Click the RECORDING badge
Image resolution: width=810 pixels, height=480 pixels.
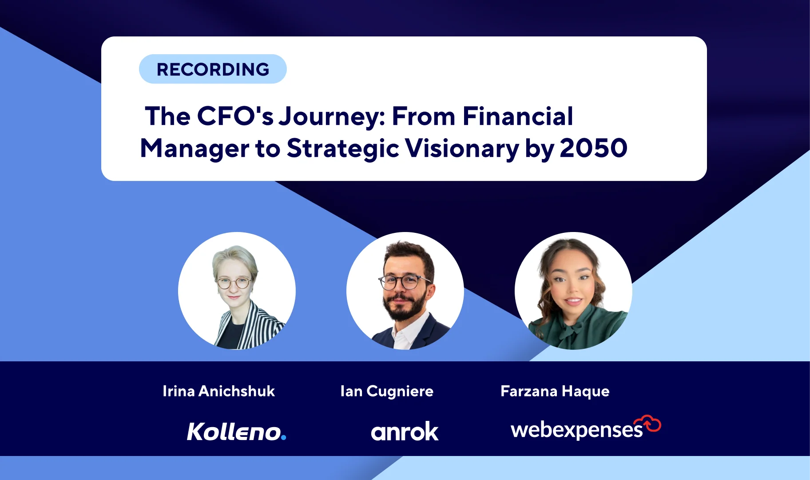[x=213, y=69]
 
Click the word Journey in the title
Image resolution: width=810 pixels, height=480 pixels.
[x=332, y=117]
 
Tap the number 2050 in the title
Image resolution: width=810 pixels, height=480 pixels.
[x=593, y=148]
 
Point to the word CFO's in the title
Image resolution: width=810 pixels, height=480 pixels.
[x=235, y=116]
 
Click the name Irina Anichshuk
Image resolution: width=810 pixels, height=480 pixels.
[x=218, y=391]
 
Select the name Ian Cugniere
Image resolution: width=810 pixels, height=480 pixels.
[x=387, y=392]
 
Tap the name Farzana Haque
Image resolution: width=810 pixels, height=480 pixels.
[x=555, y=392]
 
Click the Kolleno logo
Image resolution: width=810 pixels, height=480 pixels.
[x=236, y=431]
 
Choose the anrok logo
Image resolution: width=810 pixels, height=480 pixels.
[x=405, y=431]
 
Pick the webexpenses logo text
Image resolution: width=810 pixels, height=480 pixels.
[x=576, y=430]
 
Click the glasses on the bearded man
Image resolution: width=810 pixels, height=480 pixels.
[x=404, y=282]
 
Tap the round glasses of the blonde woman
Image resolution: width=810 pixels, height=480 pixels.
[x=233, y=283]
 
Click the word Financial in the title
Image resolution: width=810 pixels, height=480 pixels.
[x=518, y=116]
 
